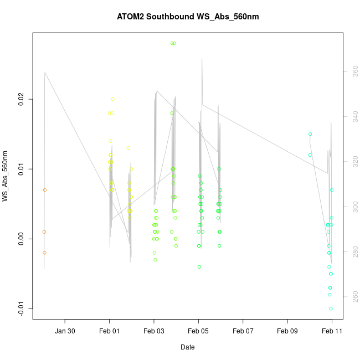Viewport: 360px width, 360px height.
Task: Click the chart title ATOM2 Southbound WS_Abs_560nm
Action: pyautogui.click(x=188, y=17)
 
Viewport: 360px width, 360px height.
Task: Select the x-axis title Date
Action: pyautogui.click(x=187, y=347)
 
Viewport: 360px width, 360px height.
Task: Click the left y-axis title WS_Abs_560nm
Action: pyautogui.click(x=6, y=176)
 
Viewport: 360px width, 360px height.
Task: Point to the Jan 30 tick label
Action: pyautogui.click(x=65, y=331)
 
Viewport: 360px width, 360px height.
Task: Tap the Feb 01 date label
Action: pyautogui.click(x=109, y=331)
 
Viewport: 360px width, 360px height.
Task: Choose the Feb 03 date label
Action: pyautogui.click(x=154, y=331)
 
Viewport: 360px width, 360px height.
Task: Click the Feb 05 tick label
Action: pyautogui.click(x=198, y=331)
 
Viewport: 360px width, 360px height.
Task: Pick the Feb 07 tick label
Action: pyautogui.click(x=243, y=331)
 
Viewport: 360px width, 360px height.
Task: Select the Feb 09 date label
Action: pyautogui.click(x=287, y=331)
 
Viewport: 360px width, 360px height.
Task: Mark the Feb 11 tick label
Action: pyautogui.click(x=332, y=331)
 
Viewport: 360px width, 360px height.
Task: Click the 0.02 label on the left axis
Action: pyautogui.click(x=21, y=100)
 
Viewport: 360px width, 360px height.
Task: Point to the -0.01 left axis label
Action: pyautogui.click(x=21, y=308)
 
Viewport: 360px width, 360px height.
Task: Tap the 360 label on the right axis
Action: pyautogui.click(x=353, y=71)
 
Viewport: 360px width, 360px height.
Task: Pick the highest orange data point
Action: pyautogui.click(x=45, y=190)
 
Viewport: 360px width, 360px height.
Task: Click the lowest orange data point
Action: pyautogui.click(x=44, y=253)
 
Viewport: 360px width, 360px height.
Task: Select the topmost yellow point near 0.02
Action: pyautogui.click(x=112, y=99)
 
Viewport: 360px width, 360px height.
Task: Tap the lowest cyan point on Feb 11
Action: pyautogui.click(x=331, y=308)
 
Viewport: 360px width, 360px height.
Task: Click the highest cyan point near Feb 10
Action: pyautogui.click(x=310, y=134)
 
